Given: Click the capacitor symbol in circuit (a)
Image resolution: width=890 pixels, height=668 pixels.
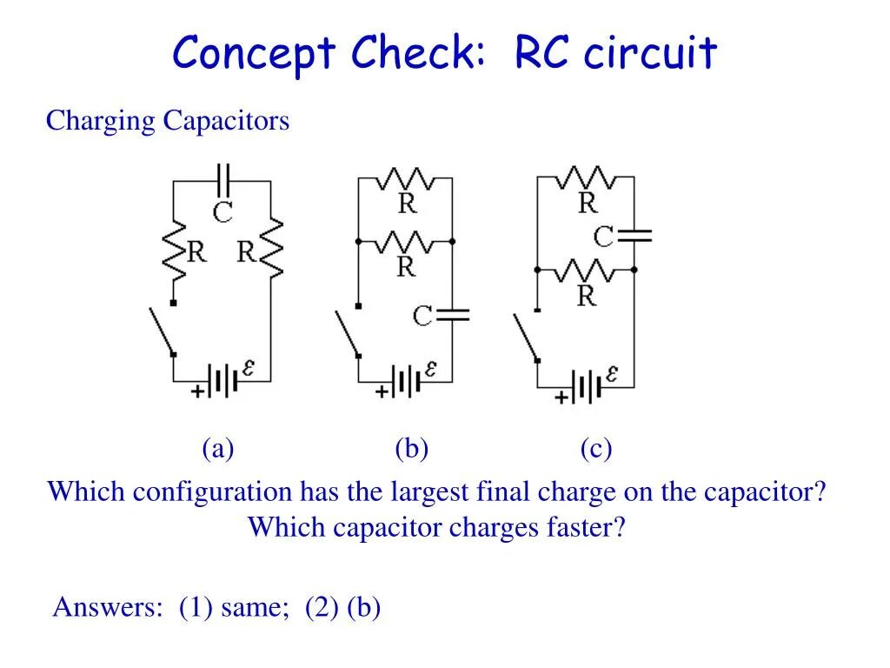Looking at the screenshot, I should click(223, 180).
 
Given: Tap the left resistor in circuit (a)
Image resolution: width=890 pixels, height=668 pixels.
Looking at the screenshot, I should click(175, 251).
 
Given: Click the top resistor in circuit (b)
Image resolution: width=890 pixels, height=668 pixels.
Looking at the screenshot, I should click(406, 180).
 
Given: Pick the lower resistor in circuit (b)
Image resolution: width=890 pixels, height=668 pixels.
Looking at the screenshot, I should click(405, 241).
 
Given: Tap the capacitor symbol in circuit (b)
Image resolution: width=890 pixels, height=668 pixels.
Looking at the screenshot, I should click(452, 314).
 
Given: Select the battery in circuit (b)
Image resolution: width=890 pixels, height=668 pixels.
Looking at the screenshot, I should click(406, 381).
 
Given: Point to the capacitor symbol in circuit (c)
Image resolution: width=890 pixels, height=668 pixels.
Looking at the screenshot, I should click(634, 235).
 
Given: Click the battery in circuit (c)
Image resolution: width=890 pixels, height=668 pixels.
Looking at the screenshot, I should click(586, 386).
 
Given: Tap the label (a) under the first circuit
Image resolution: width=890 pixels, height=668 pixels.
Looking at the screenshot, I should click(218, 449).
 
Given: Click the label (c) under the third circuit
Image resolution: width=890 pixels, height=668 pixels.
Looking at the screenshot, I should click(596, 449).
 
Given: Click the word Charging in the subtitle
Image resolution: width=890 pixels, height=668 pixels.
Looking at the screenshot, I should click(100, 121).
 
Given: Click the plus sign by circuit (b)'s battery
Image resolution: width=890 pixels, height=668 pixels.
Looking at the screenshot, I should click(381, 392).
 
